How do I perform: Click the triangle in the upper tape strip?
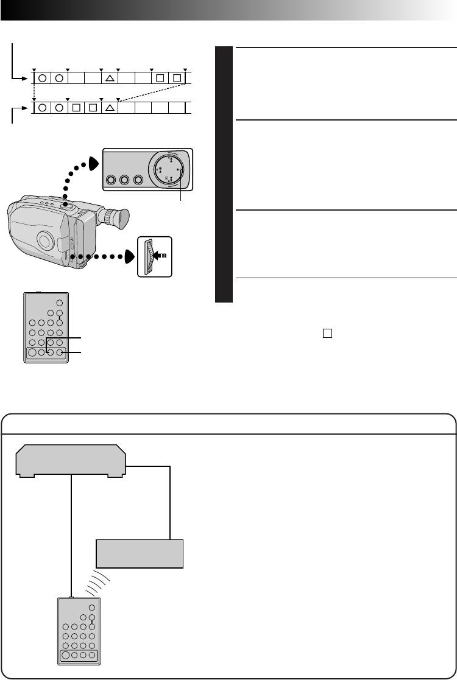110,78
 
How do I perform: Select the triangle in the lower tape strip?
110,108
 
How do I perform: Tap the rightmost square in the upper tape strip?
177,78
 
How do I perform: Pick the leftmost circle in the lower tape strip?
42,108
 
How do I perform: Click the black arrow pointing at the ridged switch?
161,256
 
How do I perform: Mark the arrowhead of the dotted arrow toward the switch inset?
130,256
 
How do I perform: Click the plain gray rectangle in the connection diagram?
140,553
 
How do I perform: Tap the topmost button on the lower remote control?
91,608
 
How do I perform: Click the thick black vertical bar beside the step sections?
225,174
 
